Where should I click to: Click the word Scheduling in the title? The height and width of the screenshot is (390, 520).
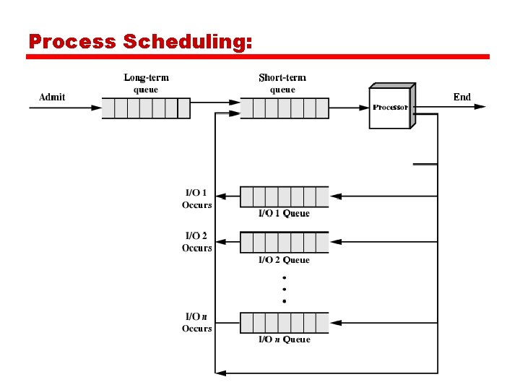pos(188,43)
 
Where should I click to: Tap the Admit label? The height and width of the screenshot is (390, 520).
pos(52,97)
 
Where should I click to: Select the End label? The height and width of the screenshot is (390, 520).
pos(462,97)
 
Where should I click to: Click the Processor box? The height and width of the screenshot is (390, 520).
pos(390,107)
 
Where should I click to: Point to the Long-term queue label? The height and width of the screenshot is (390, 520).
pos(146,83)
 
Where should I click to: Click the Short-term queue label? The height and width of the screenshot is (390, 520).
pos(282,83)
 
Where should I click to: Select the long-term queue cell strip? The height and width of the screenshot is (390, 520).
pos(145,108)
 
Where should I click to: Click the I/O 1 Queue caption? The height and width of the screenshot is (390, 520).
pos(284,214)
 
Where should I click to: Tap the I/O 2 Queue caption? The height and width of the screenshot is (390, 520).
pos(284,260)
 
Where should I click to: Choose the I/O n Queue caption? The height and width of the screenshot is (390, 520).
pos(284,339)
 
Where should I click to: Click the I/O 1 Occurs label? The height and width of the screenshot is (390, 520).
pos(196,199)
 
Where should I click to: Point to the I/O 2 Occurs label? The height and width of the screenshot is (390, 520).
pos(196,242)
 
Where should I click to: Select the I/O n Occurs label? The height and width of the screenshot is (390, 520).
pos(196,322)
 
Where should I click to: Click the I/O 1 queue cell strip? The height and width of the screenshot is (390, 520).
pos(284,196)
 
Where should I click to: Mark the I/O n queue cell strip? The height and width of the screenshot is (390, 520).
pos(284,322)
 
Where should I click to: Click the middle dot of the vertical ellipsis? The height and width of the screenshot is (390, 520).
pos(285,289)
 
